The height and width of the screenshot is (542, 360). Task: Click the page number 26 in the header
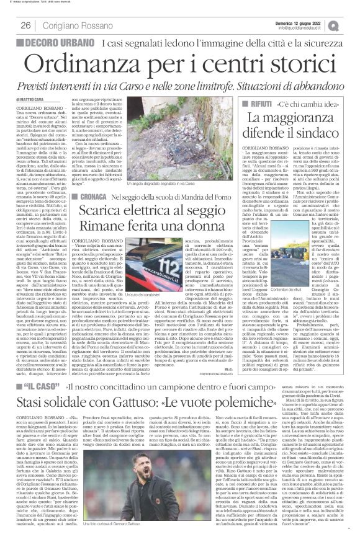pyautogui.click(x=26, y=25)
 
